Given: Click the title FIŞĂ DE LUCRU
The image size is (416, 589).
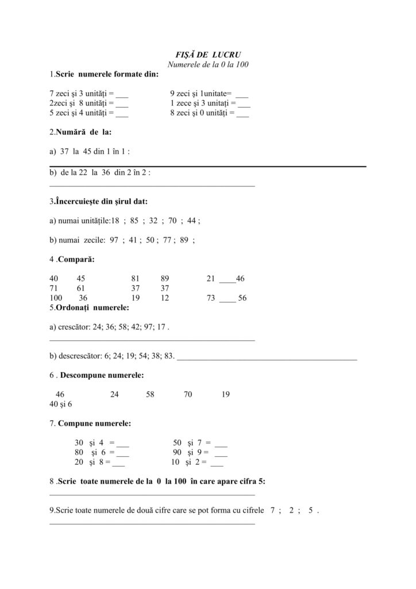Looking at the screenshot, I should [x=208, y=55].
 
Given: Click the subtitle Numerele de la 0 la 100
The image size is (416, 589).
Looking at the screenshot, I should [x=208, y=64].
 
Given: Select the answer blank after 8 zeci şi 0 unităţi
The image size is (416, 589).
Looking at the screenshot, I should [x=242, y=113].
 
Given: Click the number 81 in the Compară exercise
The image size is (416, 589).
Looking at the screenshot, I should [x=136, y=278].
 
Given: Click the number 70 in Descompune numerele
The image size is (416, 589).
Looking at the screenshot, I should [x=188, y=395].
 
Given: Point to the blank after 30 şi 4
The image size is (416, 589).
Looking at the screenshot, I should [x=123, y=444].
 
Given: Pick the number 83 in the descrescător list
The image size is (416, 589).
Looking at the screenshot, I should [x=169, y=356].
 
